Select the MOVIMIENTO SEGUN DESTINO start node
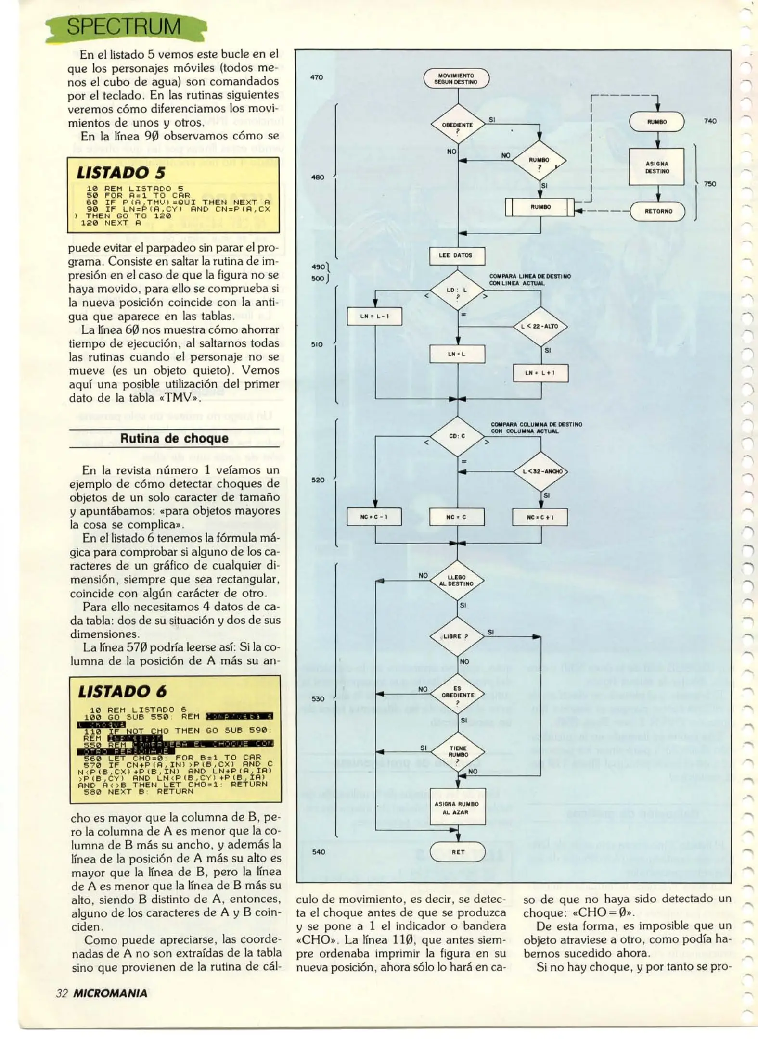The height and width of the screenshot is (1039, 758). point(456,78)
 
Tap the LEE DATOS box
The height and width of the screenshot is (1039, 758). point(456,255)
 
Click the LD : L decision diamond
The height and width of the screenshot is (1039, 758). point(457,291)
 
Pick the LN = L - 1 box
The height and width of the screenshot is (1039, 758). point(374,316)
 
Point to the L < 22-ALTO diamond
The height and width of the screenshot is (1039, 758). point(540,326)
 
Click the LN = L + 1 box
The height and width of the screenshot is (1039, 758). point(540,373)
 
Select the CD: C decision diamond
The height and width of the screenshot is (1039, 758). point(457,436)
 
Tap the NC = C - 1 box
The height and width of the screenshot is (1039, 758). point(374,517)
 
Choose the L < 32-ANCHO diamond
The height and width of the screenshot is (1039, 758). point(540,471)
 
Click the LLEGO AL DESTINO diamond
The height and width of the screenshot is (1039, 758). point(457,581)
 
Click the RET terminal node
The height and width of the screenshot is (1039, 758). point(458,852)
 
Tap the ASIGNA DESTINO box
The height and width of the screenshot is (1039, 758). point(657,167)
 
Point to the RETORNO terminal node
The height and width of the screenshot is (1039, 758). point(657,211)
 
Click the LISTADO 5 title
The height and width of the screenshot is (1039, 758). point(121,173)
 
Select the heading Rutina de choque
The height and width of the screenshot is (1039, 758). point(174,438)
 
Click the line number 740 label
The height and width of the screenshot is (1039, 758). point(710,121)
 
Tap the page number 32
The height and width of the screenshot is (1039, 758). point(62,993)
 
